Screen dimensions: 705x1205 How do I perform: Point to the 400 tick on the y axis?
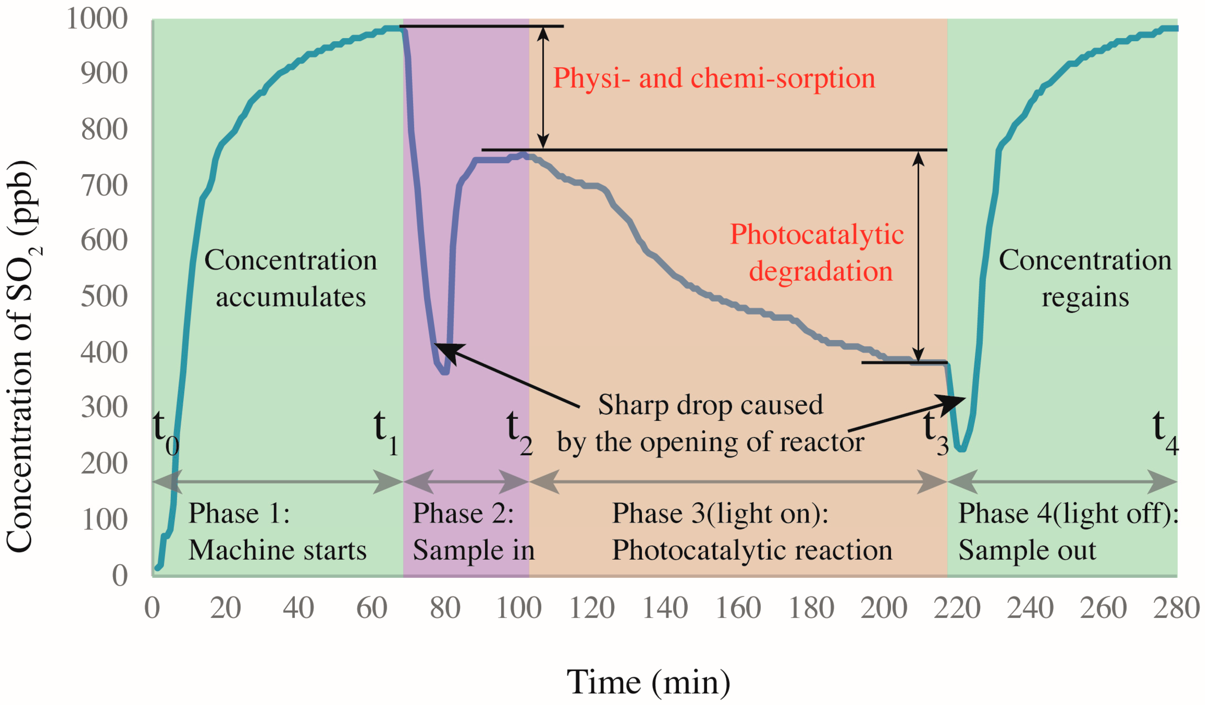104,353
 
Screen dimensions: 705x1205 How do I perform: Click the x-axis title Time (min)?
648,683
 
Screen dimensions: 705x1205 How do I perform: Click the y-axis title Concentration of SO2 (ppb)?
21,356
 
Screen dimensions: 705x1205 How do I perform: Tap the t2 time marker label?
519,432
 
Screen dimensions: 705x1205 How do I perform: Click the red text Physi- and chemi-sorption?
713,78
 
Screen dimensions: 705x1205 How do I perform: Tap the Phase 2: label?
463,514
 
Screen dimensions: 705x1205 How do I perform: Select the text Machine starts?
277,550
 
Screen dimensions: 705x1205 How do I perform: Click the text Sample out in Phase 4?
1027,550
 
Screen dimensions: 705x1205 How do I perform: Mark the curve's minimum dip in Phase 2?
445,372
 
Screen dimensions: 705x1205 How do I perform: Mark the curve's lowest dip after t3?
961,449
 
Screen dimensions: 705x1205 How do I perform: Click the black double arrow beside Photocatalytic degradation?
918,256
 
